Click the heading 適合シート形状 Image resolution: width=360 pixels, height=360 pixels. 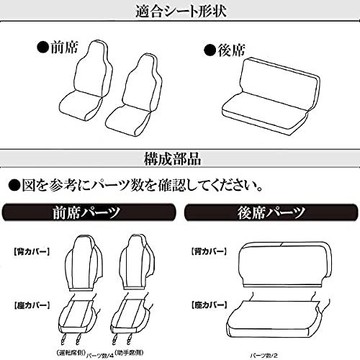coord(179,10)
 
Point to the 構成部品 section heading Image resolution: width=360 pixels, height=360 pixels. coord(179,158)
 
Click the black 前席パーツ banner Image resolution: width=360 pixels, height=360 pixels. coord(88,213)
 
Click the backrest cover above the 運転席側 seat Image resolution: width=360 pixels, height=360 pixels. coord(87,259)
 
